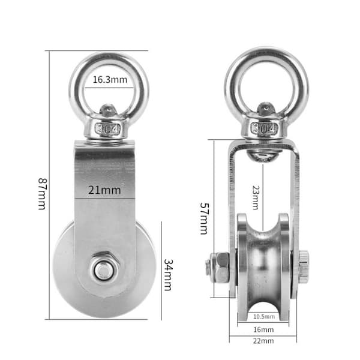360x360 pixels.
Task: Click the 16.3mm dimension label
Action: (x=110, y=80)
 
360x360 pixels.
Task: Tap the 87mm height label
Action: (x=43, y=194)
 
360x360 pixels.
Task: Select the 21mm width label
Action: (x=104, y=190)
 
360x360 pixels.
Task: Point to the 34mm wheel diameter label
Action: (x=168, y=275)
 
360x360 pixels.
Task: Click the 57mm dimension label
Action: (x=204, y=218)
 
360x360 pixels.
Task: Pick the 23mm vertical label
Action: (x=256, y=197)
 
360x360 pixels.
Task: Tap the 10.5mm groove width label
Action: (x=264, y=317)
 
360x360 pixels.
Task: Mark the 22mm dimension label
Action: (x=263, y=341)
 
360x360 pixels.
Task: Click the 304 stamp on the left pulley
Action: (x=108, y=128)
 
